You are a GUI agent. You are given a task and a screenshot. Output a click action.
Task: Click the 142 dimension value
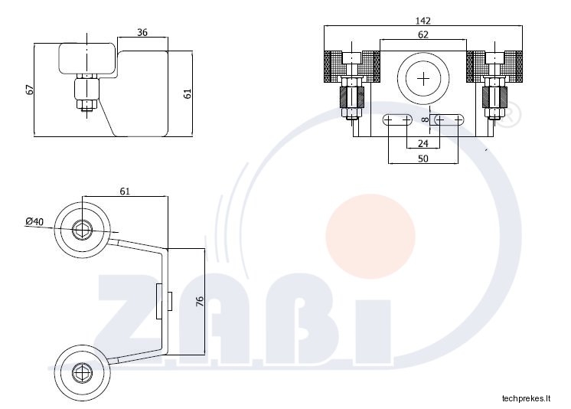click(423, 21)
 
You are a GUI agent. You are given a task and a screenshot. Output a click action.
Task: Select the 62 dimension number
click(423, 34)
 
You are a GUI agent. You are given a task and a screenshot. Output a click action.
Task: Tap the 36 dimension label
click(142, 32)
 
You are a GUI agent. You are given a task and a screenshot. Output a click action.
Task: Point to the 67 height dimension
click(30, 90)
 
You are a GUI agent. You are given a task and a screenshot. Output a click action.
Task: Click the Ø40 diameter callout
click(34, 221)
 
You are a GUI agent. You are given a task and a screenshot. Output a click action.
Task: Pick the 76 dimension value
click(200, 301)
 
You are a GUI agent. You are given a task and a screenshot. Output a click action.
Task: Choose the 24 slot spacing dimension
click(423, 144)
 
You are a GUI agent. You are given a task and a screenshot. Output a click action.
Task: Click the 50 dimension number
click(423, 159)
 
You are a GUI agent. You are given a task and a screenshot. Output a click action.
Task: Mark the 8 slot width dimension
click(425, 119)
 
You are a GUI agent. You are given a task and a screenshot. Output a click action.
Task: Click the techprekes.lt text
click(526, 398)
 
